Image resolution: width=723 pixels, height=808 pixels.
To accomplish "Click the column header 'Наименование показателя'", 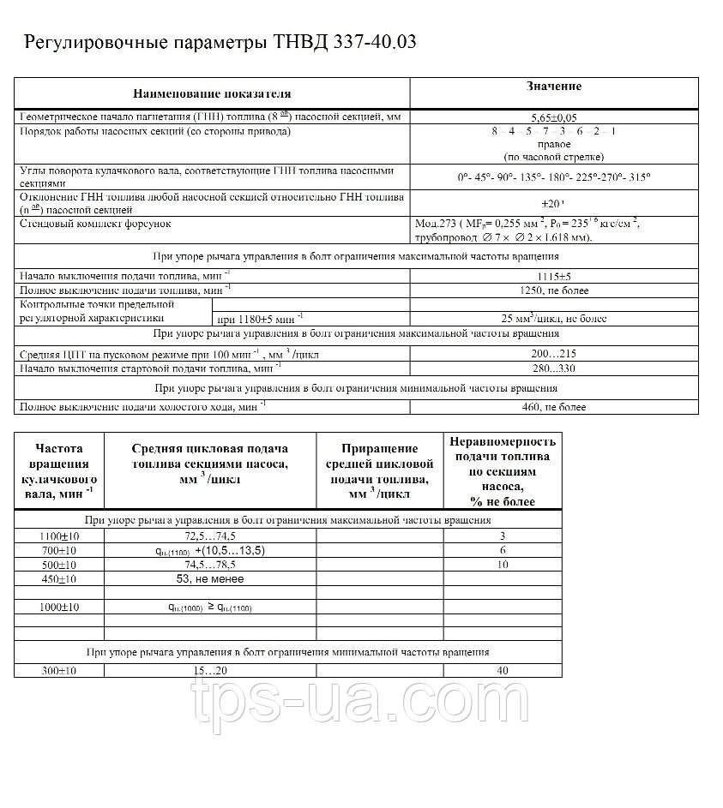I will coord(212,93).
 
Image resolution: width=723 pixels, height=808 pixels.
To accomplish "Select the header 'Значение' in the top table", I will coord(553,87).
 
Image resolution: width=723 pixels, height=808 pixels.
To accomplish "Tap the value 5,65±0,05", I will coord(554,118).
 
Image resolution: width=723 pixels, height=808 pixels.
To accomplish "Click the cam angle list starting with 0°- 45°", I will coord(554,177).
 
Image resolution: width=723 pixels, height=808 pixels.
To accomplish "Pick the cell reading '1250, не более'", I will coord(554,290).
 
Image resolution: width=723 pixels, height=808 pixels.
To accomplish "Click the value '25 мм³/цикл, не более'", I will coord(554,319).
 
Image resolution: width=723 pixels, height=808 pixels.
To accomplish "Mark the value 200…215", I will coord(554,353).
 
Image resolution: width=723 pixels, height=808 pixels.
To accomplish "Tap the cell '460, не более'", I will coord(554,407).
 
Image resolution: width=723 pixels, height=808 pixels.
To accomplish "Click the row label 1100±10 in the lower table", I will coord(58,535).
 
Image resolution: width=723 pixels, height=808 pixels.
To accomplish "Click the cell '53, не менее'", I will coord(209,578).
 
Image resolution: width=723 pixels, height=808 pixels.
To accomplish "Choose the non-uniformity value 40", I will coord(503,670).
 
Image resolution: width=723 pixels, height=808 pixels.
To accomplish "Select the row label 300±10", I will coord(58,670).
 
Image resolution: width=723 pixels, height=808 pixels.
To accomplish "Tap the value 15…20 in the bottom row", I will coord(209,670).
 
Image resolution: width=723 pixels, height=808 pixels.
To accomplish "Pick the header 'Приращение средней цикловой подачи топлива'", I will coord(380,471).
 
